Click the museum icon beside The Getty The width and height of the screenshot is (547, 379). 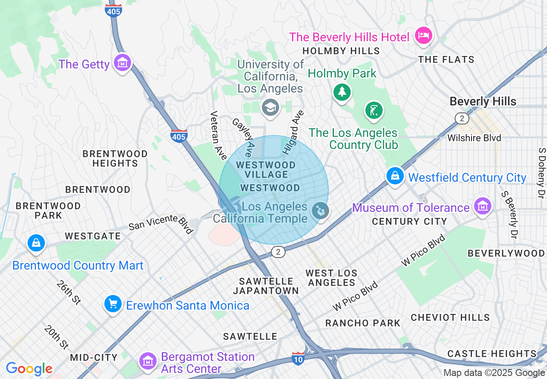coord(123,63)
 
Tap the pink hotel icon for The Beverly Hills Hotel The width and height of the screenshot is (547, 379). coord(423,35)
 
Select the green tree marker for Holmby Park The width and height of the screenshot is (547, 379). coord(342,91)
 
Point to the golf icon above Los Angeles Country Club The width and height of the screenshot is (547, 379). coord(374,110)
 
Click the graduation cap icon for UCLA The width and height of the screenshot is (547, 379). coord(271,107)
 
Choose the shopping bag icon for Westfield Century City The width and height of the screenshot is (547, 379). coord(395,176)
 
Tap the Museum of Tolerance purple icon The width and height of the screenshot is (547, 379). coord(483,206)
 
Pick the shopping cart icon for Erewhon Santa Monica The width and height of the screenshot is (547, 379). coord(113,304)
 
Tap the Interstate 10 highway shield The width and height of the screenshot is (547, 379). coord(298,358)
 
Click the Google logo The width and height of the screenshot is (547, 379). coord(29,369)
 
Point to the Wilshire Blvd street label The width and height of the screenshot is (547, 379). coord(474,138)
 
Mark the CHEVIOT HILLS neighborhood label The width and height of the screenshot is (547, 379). coord(450,318)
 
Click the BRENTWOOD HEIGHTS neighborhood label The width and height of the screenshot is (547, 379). coord(115,158)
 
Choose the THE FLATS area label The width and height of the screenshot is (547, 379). coord(446,60)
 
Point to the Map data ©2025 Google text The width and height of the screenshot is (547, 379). coord(494,373)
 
